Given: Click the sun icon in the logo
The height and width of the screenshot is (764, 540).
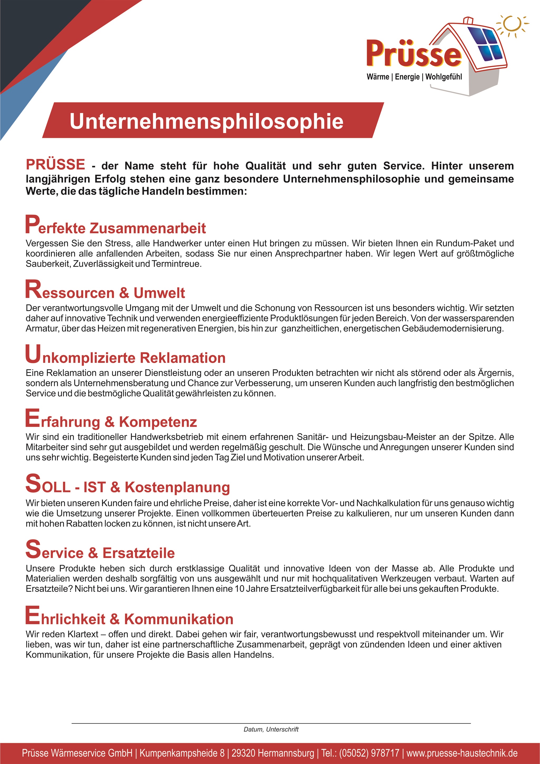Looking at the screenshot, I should [512, 24].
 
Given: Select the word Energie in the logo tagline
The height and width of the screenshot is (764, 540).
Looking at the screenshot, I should [407, 77].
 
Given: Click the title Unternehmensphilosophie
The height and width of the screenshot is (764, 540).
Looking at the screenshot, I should [206, 121].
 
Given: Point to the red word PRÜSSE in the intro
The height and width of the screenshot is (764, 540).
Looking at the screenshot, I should [56, 164].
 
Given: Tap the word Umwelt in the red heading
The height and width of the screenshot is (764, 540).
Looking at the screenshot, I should [159, 293].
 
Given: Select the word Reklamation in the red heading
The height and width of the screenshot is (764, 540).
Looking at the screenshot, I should [182, 358].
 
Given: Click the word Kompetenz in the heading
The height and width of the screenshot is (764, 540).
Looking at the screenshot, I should [158, 422].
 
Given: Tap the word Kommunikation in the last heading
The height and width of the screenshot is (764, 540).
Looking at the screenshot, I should [179, 619].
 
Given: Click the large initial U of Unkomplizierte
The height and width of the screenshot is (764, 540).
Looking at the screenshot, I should [33, 354].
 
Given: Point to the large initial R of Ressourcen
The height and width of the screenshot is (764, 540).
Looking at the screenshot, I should [33, 289].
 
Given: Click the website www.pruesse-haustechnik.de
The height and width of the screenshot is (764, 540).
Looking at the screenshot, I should [462, 753].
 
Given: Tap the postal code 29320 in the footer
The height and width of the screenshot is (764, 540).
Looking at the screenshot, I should [243, 753].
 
